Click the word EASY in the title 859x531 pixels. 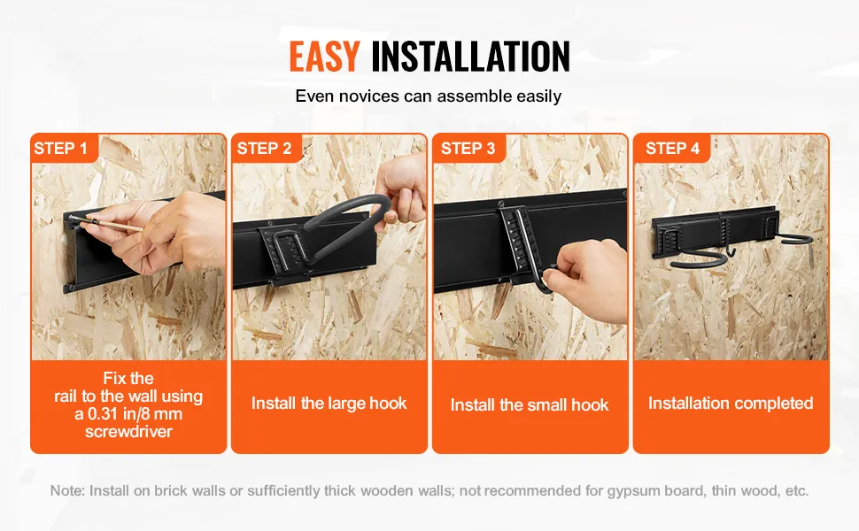(x=324, y=56)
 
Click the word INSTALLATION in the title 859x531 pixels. (x=470, y=56)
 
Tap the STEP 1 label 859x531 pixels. (x=60, y=149)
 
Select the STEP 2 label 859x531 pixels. (x=264, y=149)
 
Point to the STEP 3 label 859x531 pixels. (x=468, y=149)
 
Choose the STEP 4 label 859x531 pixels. (x=672, y=149)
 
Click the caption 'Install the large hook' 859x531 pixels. (x=329, y=404)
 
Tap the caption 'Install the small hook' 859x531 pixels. (x=530, y=405)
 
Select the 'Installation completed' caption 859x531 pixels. (x=731, y=404)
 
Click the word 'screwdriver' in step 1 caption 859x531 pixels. (x=128, y=433)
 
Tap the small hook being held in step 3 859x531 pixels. (x=546, y=280)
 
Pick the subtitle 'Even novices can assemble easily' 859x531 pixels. (x=429, y=96)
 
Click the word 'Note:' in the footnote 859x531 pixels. (x=67, y=490)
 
